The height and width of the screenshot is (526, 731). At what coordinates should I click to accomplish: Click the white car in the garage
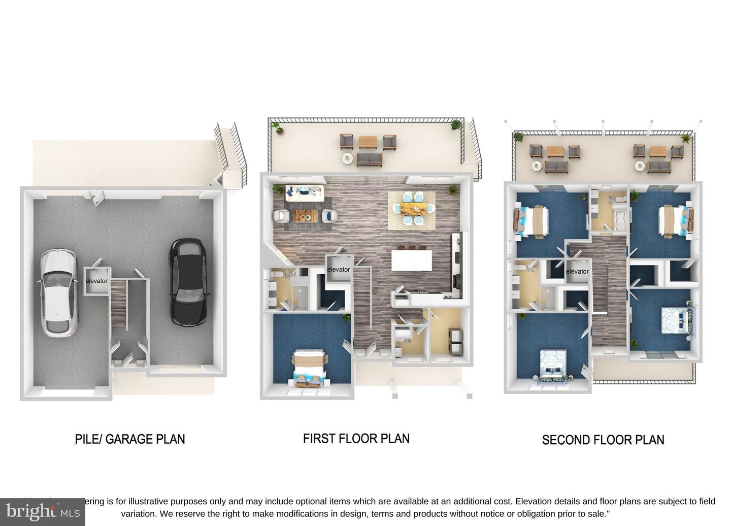coord(59,292)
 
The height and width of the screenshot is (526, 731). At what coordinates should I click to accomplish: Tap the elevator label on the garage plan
coord(96,281)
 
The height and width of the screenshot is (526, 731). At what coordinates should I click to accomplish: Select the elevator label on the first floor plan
coord(339,270)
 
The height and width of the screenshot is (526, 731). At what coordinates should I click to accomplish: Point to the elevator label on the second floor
coord(577,272)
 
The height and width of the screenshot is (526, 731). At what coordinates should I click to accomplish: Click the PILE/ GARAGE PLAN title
coord(130,439)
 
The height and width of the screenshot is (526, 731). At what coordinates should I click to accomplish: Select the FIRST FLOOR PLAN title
coord(356,439)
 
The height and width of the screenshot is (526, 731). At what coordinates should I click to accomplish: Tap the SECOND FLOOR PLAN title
coord(603,440)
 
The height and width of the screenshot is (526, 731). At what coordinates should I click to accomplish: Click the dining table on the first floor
coord(411,208)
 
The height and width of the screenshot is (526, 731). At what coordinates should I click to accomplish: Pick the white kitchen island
coord(412,262)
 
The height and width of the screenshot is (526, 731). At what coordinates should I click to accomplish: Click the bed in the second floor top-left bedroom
coord(532,220)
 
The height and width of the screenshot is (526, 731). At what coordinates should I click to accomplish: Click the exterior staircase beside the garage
coord(231,152)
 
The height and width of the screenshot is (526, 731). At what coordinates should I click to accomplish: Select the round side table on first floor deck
coord(347,158)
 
